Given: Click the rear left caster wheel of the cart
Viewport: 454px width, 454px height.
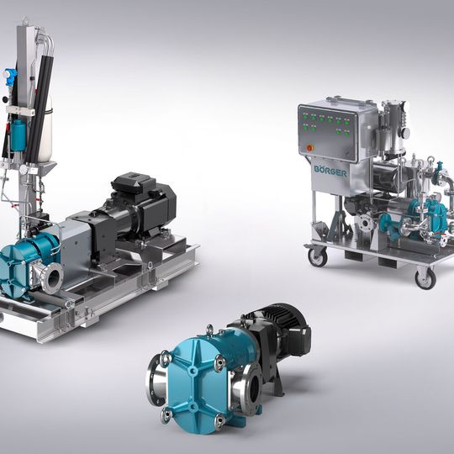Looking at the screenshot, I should (x=317, y=256).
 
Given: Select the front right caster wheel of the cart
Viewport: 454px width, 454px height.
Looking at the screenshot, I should (x=425, y=278).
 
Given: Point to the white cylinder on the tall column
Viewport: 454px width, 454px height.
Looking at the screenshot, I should (x=45, y=130).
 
